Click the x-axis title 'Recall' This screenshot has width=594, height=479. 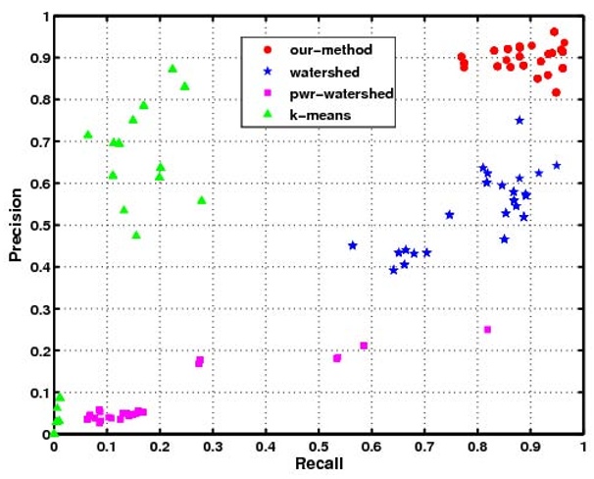[x=318, y=464]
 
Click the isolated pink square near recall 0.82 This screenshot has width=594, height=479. [x=487, y=329]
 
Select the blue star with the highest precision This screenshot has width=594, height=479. [x=520, y=120]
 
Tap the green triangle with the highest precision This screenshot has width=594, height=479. [x=173, y=69]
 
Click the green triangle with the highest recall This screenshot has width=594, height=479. [x=202, y=200]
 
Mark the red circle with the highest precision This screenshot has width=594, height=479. [x=554, y=31]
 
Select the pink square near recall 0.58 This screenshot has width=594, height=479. [x=364, y=346]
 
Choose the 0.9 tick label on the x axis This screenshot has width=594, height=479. [x=529, y=447]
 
